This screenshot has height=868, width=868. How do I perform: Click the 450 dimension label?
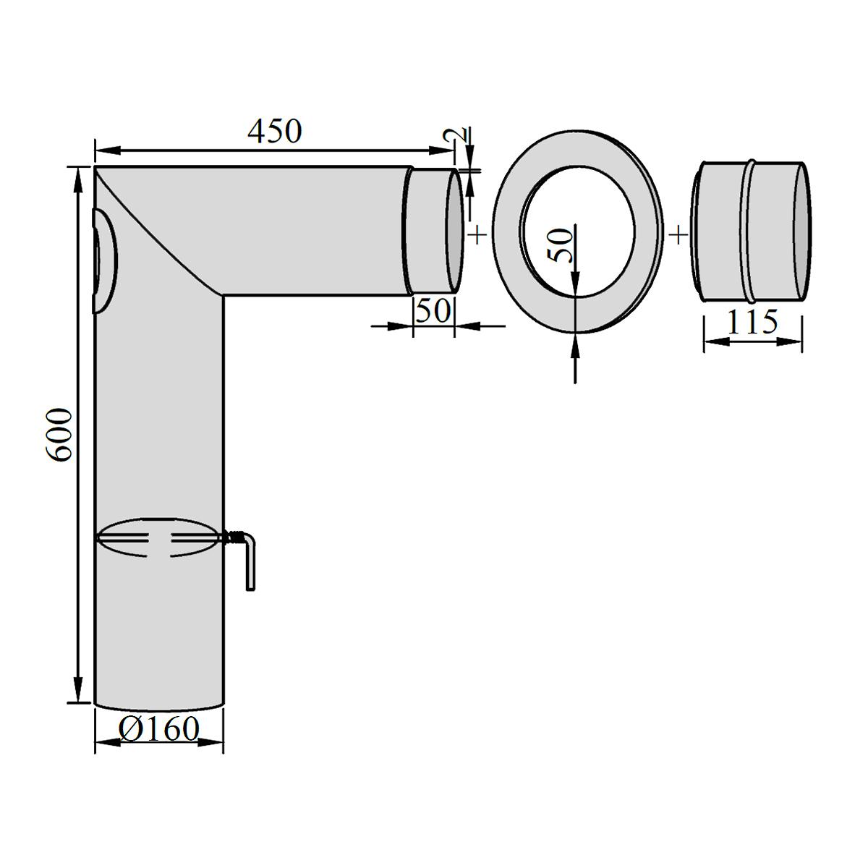[x=274, y=131]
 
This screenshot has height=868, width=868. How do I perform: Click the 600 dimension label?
[x=60, y=435]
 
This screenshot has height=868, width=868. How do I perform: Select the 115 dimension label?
[x=752, y=322]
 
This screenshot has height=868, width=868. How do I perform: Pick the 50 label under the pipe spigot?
[x=433, y=311]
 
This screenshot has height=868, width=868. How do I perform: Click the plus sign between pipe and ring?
[x=478, y=234]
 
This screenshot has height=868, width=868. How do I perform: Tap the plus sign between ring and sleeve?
[x=678, y=234]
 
